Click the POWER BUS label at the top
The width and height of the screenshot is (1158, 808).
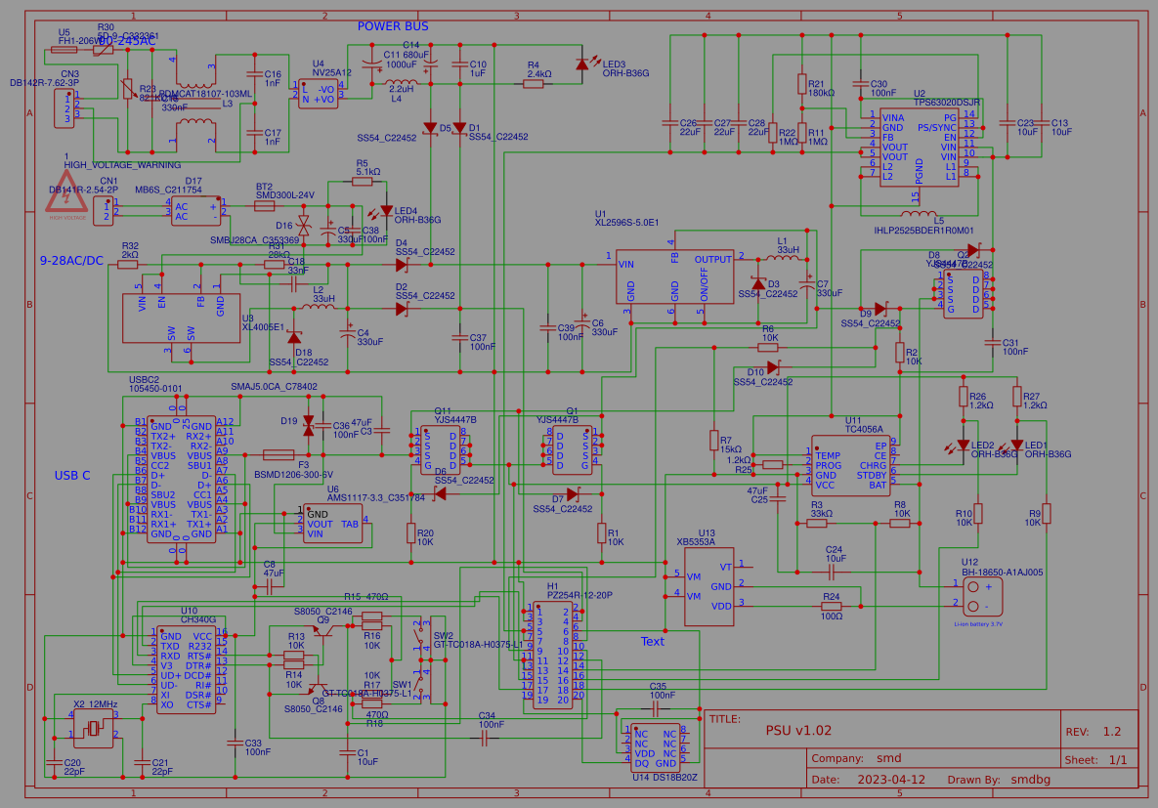pyautogui.click(x=392, y=26)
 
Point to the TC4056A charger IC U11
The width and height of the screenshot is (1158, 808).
pyautogui.click(x=849, y=465)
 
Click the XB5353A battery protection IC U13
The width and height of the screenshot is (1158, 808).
pyautogui.click(x=708, y=586)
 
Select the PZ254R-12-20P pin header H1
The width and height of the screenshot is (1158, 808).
pyautogui.click(x=553, y=653)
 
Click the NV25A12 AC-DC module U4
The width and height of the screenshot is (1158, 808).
pyautogui.click(x=319, y=94)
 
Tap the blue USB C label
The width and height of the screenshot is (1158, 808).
pyautogui.click(x=72, y=476)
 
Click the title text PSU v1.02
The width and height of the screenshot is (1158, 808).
pyautogui.click(x=798, y=730)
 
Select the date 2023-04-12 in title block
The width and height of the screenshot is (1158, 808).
pyautogui.click(x=890, y=780)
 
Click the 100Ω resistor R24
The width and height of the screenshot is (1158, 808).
pyautogui.click(x=832, y=607)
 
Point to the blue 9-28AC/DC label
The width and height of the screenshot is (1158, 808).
pyautogui.click(x=71, y=261)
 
